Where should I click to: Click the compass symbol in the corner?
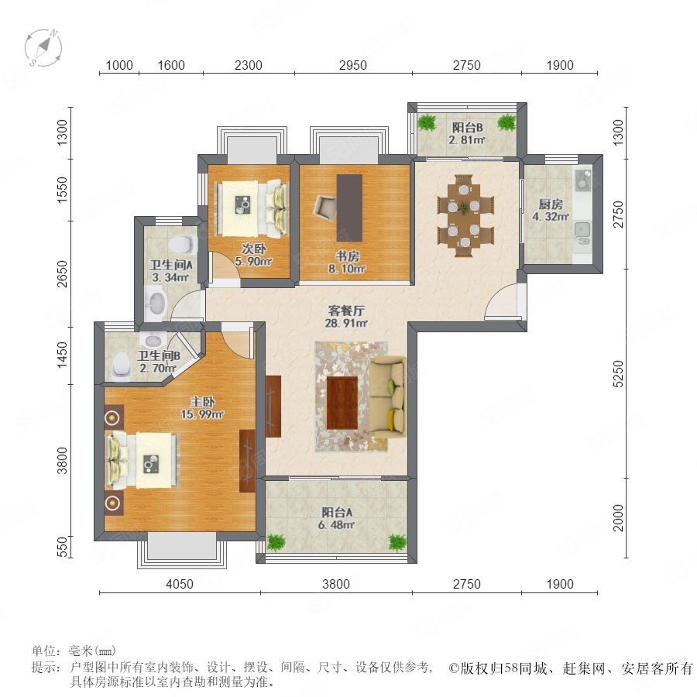pos(43,47)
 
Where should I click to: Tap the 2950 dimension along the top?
pos(352,65)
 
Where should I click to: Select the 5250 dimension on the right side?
pos(618,373)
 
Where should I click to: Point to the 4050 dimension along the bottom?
pos(180,584)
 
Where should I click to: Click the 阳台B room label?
pos(467,128)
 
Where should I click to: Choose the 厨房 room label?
pos(551,204)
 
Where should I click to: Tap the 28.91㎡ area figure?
pos(346,323)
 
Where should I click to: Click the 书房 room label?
pos(347,256)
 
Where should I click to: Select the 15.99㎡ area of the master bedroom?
pos(202,414)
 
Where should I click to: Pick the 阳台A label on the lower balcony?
pos(337,512)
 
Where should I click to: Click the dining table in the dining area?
pos(464,215)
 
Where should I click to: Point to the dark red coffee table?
pos(342,402)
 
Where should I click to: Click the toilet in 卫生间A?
pos(182,244)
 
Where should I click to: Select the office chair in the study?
pos(326,208)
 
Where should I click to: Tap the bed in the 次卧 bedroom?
pos(251,208)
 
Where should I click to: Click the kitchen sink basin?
pos(582,230)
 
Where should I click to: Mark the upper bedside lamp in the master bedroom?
pos(112,418)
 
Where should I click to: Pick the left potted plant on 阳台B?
pos(427,122)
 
